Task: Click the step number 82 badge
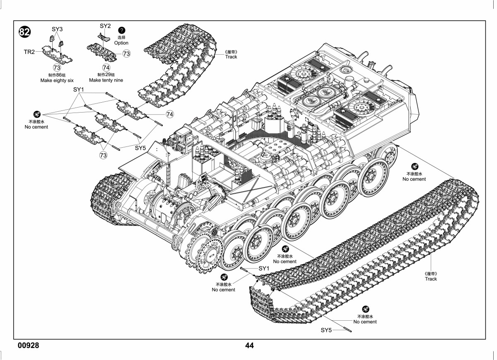[24, 32]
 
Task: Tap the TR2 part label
[29, 52]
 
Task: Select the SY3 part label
[57, 29]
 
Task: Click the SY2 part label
[105, 26]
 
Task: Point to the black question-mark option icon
[122, 30]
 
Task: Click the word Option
[121, 43]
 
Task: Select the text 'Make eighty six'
[57, 80]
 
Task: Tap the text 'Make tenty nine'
[106, 80]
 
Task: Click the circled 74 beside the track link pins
[170, 114]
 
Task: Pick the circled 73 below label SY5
[103, 155]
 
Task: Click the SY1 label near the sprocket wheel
[264, 269]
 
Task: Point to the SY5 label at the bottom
[326, 330]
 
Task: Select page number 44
[249, 346]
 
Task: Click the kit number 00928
[29, 346]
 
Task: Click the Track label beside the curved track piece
[231, 57]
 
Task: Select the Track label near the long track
[431, 279]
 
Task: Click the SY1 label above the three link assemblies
[79, 89]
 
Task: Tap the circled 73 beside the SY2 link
[126, 53]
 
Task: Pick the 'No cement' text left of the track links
[36, 127]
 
